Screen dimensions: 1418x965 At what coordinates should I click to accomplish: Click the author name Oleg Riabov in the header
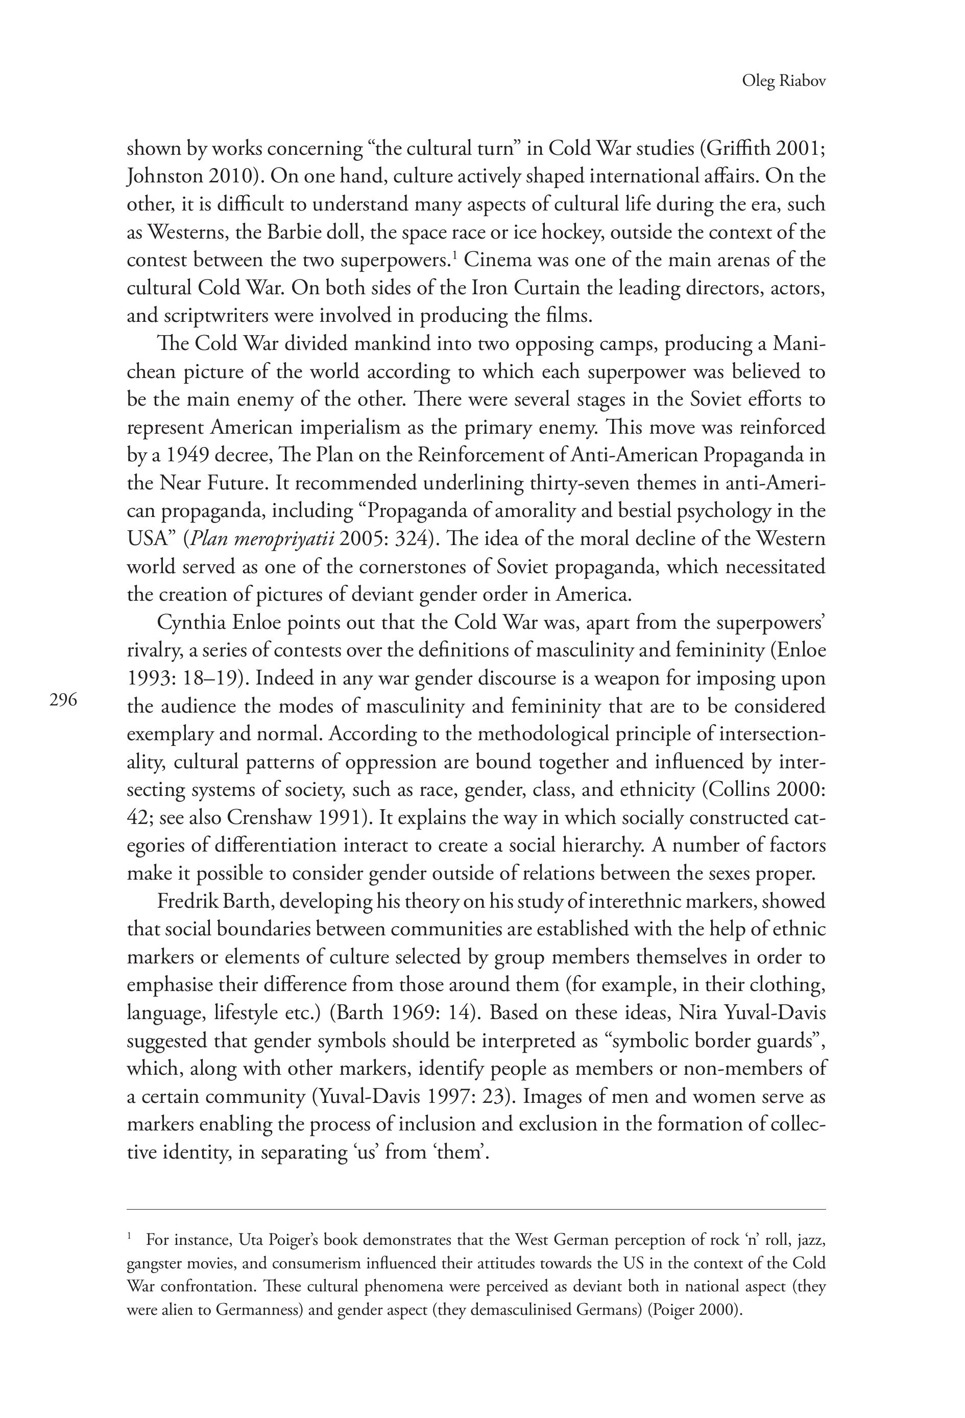click(x=783, y=81)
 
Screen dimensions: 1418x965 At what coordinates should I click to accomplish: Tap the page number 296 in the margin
click(x=63, y=700)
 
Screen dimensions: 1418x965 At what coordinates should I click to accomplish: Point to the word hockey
click(x=573, y=232)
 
